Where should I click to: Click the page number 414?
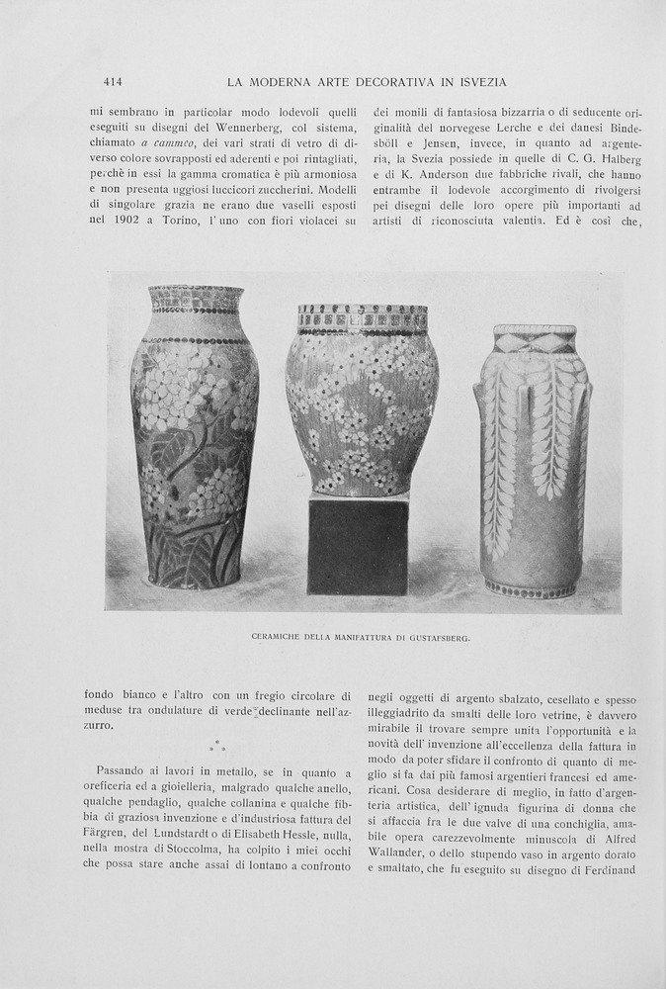click(112, 82)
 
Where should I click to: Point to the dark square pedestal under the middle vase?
click(358, 545)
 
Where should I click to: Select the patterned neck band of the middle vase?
click(363, 318)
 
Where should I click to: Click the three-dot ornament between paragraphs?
click(217, 745)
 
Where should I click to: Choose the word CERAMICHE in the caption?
click(283, 638)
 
